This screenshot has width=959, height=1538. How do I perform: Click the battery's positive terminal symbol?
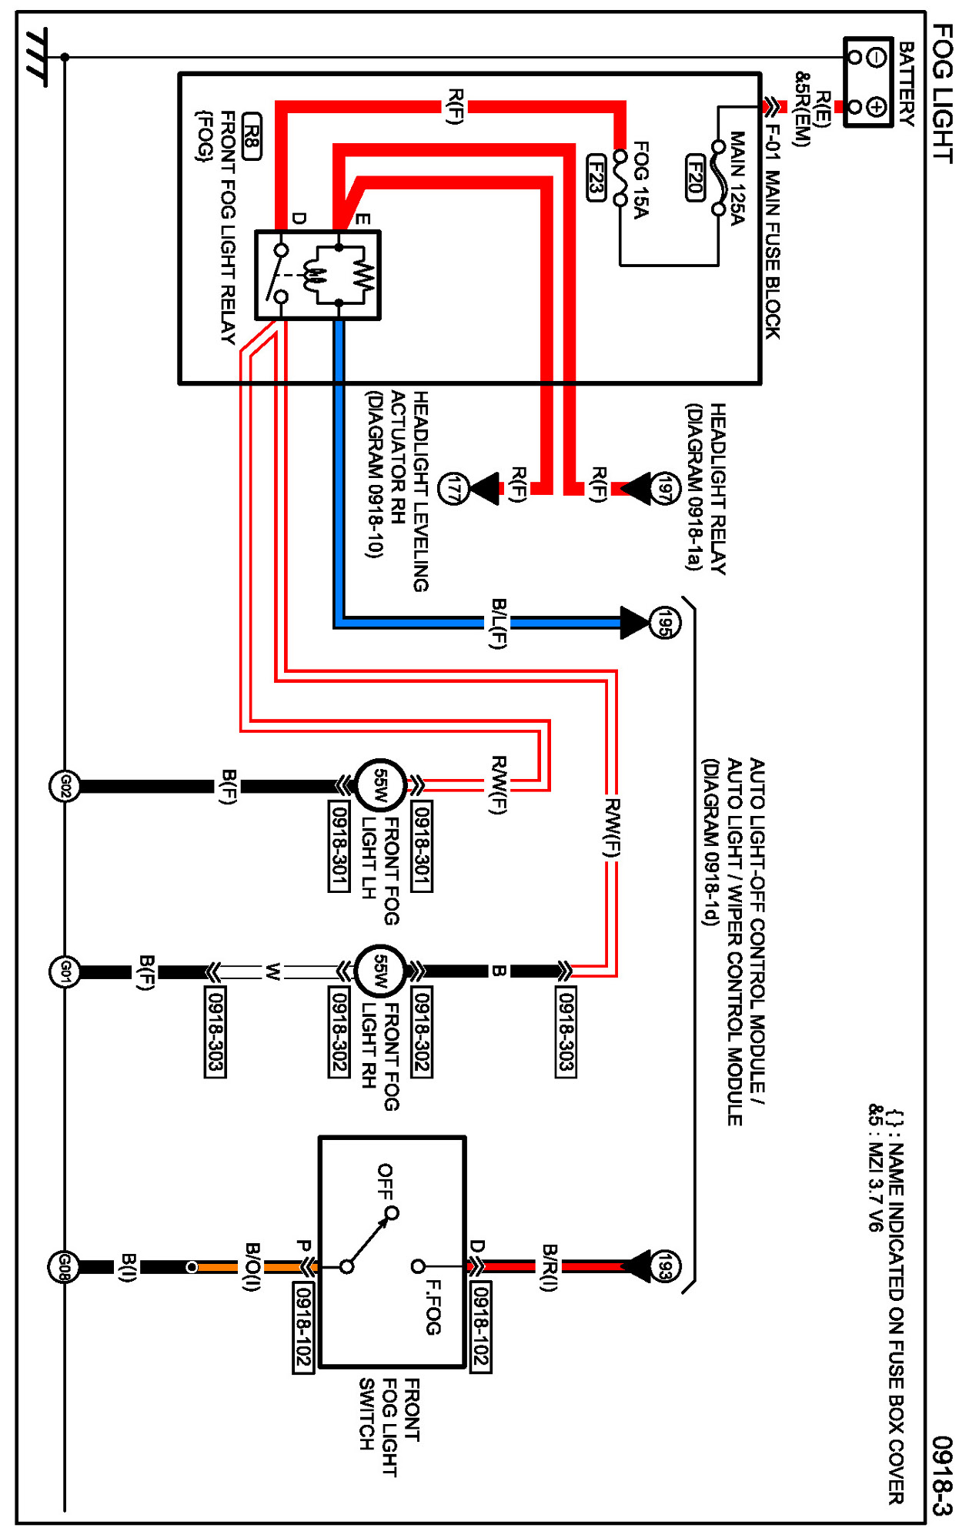click(877, 107)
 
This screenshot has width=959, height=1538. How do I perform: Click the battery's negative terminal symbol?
click(877, 58)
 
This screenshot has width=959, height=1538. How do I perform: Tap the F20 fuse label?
click(695, 178)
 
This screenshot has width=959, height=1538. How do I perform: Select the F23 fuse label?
click(596, 178)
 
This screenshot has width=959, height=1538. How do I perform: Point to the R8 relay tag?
click(252, 136)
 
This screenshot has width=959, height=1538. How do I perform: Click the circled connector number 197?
click(665, 489)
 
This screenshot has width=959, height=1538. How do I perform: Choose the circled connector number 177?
click(453, 489)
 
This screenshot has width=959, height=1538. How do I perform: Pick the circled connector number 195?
click(665, 623)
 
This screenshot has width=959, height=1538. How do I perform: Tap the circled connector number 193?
click(665, 1266)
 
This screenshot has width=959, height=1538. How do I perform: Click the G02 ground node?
click(65, 786)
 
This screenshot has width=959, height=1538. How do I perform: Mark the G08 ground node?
click(64, 1266)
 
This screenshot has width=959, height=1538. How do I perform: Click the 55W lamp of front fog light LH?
click(380, 785)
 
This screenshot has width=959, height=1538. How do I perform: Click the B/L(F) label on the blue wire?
click(499, 624)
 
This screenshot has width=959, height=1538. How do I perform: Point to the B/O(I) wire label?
click(252, 1266)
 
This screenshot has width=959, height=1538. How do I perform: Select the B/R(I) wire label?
click(549, 1266)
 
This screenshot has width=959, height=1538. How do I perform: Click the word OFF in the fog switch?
click(385, 1182)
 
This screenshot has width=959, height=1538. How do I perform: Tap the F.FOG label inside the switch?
click(433, 1307)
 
